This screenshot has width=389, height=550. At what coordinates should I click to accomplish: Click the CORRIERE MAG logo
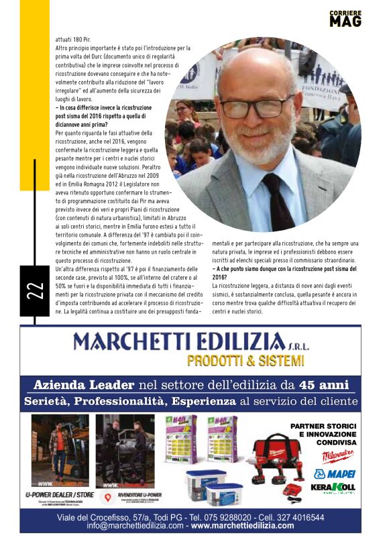click(x=345, y=18)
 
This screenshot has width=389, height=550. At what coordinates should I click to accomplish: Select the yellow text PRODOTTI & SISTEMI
click(x=245, y=361)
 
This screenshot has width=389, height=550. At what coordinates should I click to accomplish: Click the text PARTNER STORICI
click(x=323, y=427)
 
